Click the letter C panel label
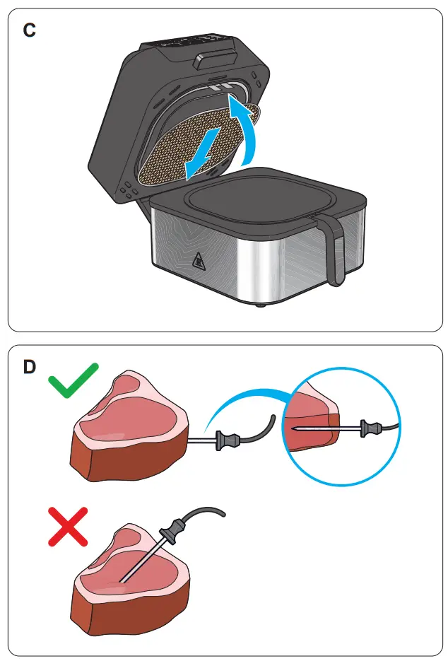click(x=29, y=30)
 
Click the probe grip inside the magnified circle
click(x=367, y=427)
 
